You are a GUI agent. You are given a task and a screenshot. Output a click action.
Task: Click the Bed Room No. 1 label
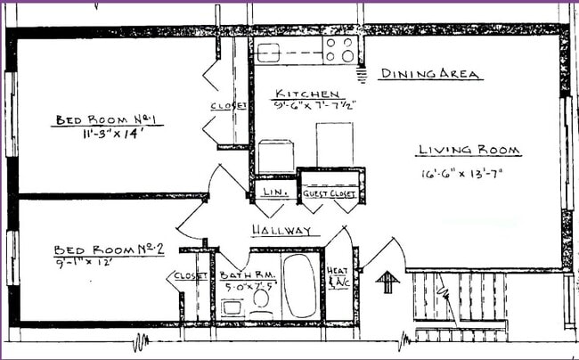tap(97, 119)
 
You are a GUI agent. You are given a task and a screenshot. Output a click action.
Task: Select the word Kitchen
tap(306, 94)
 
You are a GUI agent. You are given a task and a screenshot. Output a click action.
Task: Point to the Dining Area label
tap(430, 74)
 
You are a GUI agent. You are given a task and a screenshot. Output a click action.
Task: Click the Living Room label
tap(469, 151)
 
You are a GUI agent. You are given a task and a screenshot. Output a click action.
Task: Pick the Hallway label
tap(281, 231)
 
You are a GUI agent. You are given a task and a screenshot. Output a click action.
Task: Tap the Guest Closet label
tap(329, 194)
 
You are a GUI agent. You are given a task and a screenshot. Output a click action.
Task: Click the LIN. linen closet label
tap(271, 192)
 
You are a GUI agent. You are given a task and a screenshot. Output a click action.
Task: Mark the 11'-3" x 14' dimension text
tap(99, 135)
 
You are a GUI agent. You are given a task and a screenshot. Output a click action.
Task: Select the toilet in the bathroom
tap(262, 299)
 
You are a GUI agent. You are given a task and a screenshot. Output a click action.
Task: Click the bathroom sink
tap(232, 306)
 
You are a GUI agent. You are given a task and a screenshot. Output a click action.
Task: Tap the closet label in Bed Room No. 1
tap(228, 106)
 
